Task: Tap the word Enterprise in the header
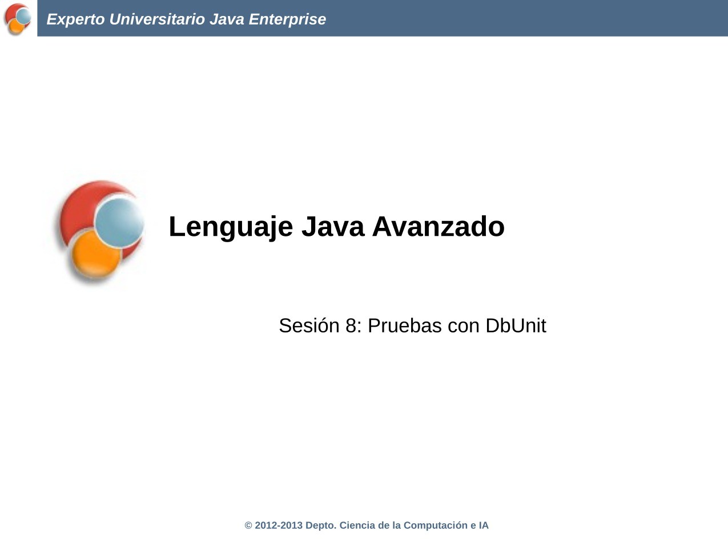point(287,19)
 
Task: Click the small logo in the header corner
point(18,19)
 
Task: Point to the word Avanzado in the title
point(438,227)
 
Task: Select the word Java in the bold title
point(333,227)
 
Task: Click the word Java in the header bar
point(227,19)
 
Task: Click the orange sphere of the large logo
point(96,254)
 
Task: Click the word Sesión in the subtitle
point(309,326)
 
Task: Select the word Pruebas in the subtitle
point(405,326)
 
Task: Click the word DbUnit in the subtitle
point(516,326)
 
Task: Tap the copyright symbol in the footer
point(248,525)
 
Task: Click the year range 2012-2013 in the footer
point(279,525)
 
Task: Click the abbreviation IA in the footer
point(484,525)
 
